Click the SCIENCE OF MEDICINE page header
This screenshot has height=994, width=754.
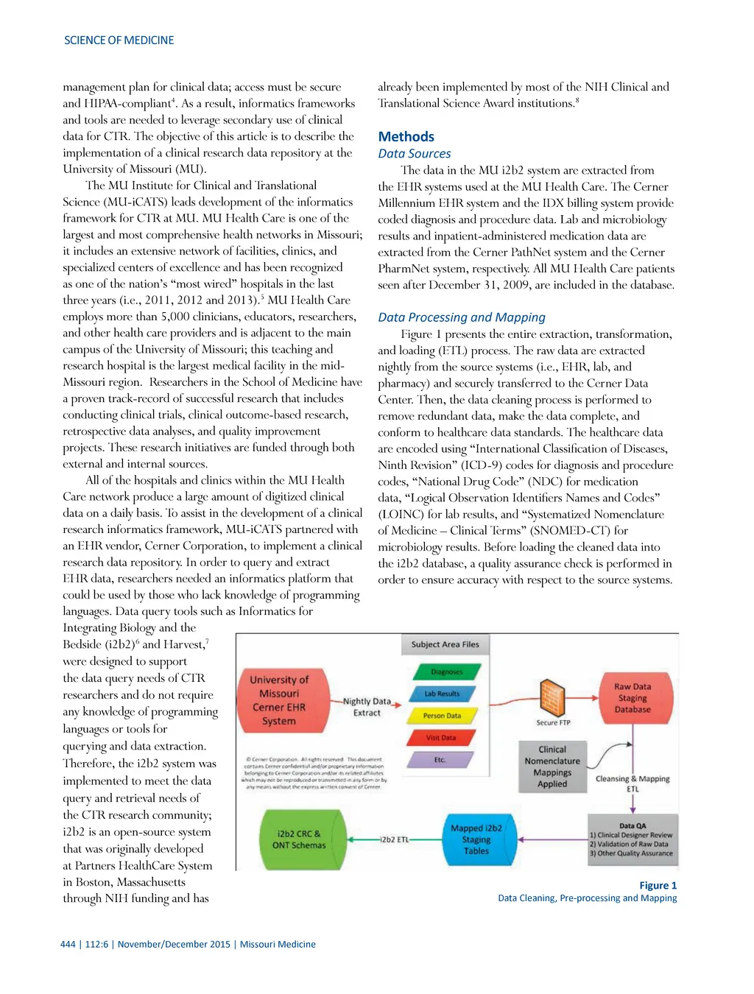(x=119, y=40)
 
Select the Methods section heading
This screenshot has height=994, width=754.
(x=406, y=137)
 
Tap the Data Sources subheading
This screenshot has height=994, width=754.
(x=414, y=154)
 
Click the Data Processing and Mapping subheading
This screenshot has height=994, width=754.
(x=462, y=317)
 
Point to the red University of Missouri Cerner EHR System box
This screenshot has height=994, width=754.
(x=279, y=700)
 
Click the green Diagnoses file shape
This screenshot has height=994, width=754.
(x=446, y=672)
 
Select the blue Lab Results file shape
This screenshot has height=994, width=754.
(x=442, y=694)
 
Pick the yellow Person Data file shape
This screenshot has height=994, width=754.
(x=442, y=716)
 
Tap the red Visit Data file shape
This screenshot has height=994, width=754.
(x=440, y=737)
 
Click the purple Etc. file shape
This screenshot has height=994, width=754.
(x=440, y=759)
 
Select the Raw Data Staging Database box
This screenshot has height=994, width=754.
(x=633, y=697)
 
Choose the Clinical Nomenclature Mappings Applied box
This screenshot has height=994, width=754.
(x=552, y=766)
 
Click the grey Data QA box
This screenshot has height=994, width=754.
(x=632, y=840)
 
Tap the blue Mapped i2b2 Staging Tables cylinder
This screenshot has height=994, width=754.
(x=476, y=839)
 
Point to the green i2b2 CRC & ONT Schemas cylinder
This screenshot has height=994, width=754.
(x=300, y=839)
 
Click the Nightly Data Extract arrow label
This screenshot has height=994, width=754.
(x=367, y=707)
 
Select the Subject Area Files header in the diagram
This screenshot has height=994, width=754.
(x=445, y=644)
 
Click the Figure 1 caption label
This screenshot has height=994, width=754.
(x=658, y=885)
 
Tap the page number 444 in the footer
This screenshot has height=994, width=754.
(x=68, y=944)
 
